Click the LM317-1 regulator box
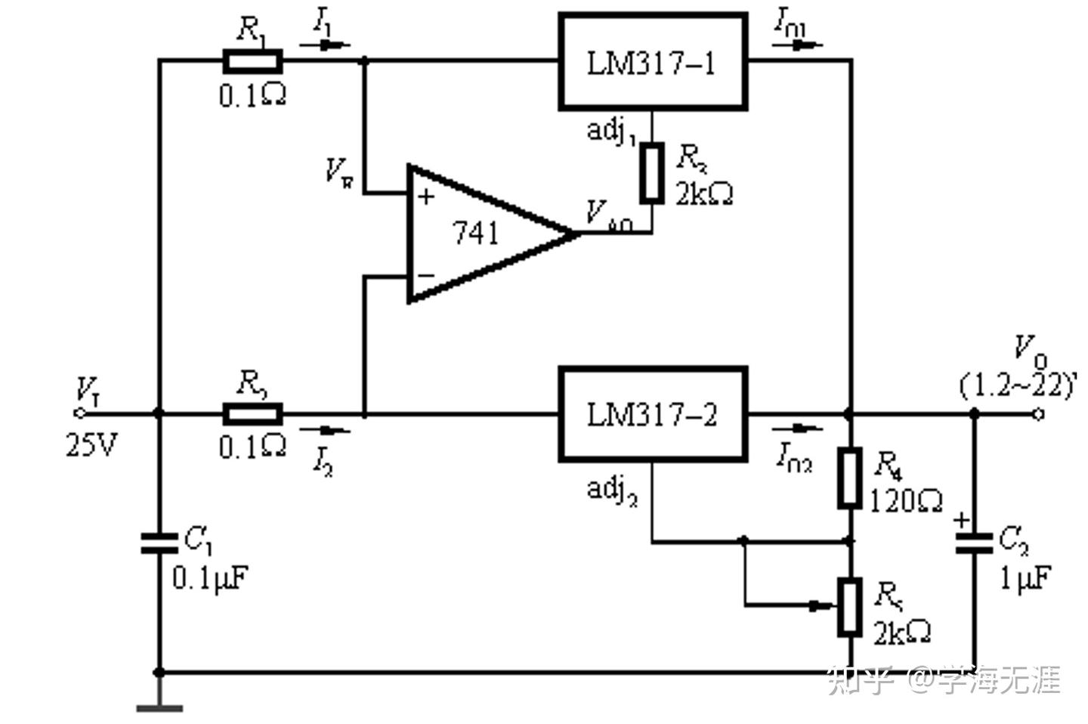[x=653, y=62]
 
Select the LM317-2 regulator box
[x=653, y=414]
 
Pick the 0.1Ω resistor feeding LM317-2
[x=252, y=414]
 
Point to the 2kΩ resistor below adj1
[x=651, y=172]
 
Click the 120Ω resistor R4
[x=850, y=478]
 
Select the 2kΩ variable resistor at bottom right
[x=850, y=607]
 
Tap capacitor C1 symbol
[x=159, y=543]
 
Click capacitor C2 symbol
[x=974, y=543]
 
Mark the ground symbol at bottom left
[x=159, y=707]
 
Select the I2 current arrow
[x=326, y=431]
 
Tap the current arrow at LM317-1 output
[x=797, y=45]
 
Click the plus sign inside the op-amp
[x=427, y=197]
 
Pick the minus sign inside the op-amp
[x=427, y=275]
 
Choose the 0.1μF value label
[x=209, y=578]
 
